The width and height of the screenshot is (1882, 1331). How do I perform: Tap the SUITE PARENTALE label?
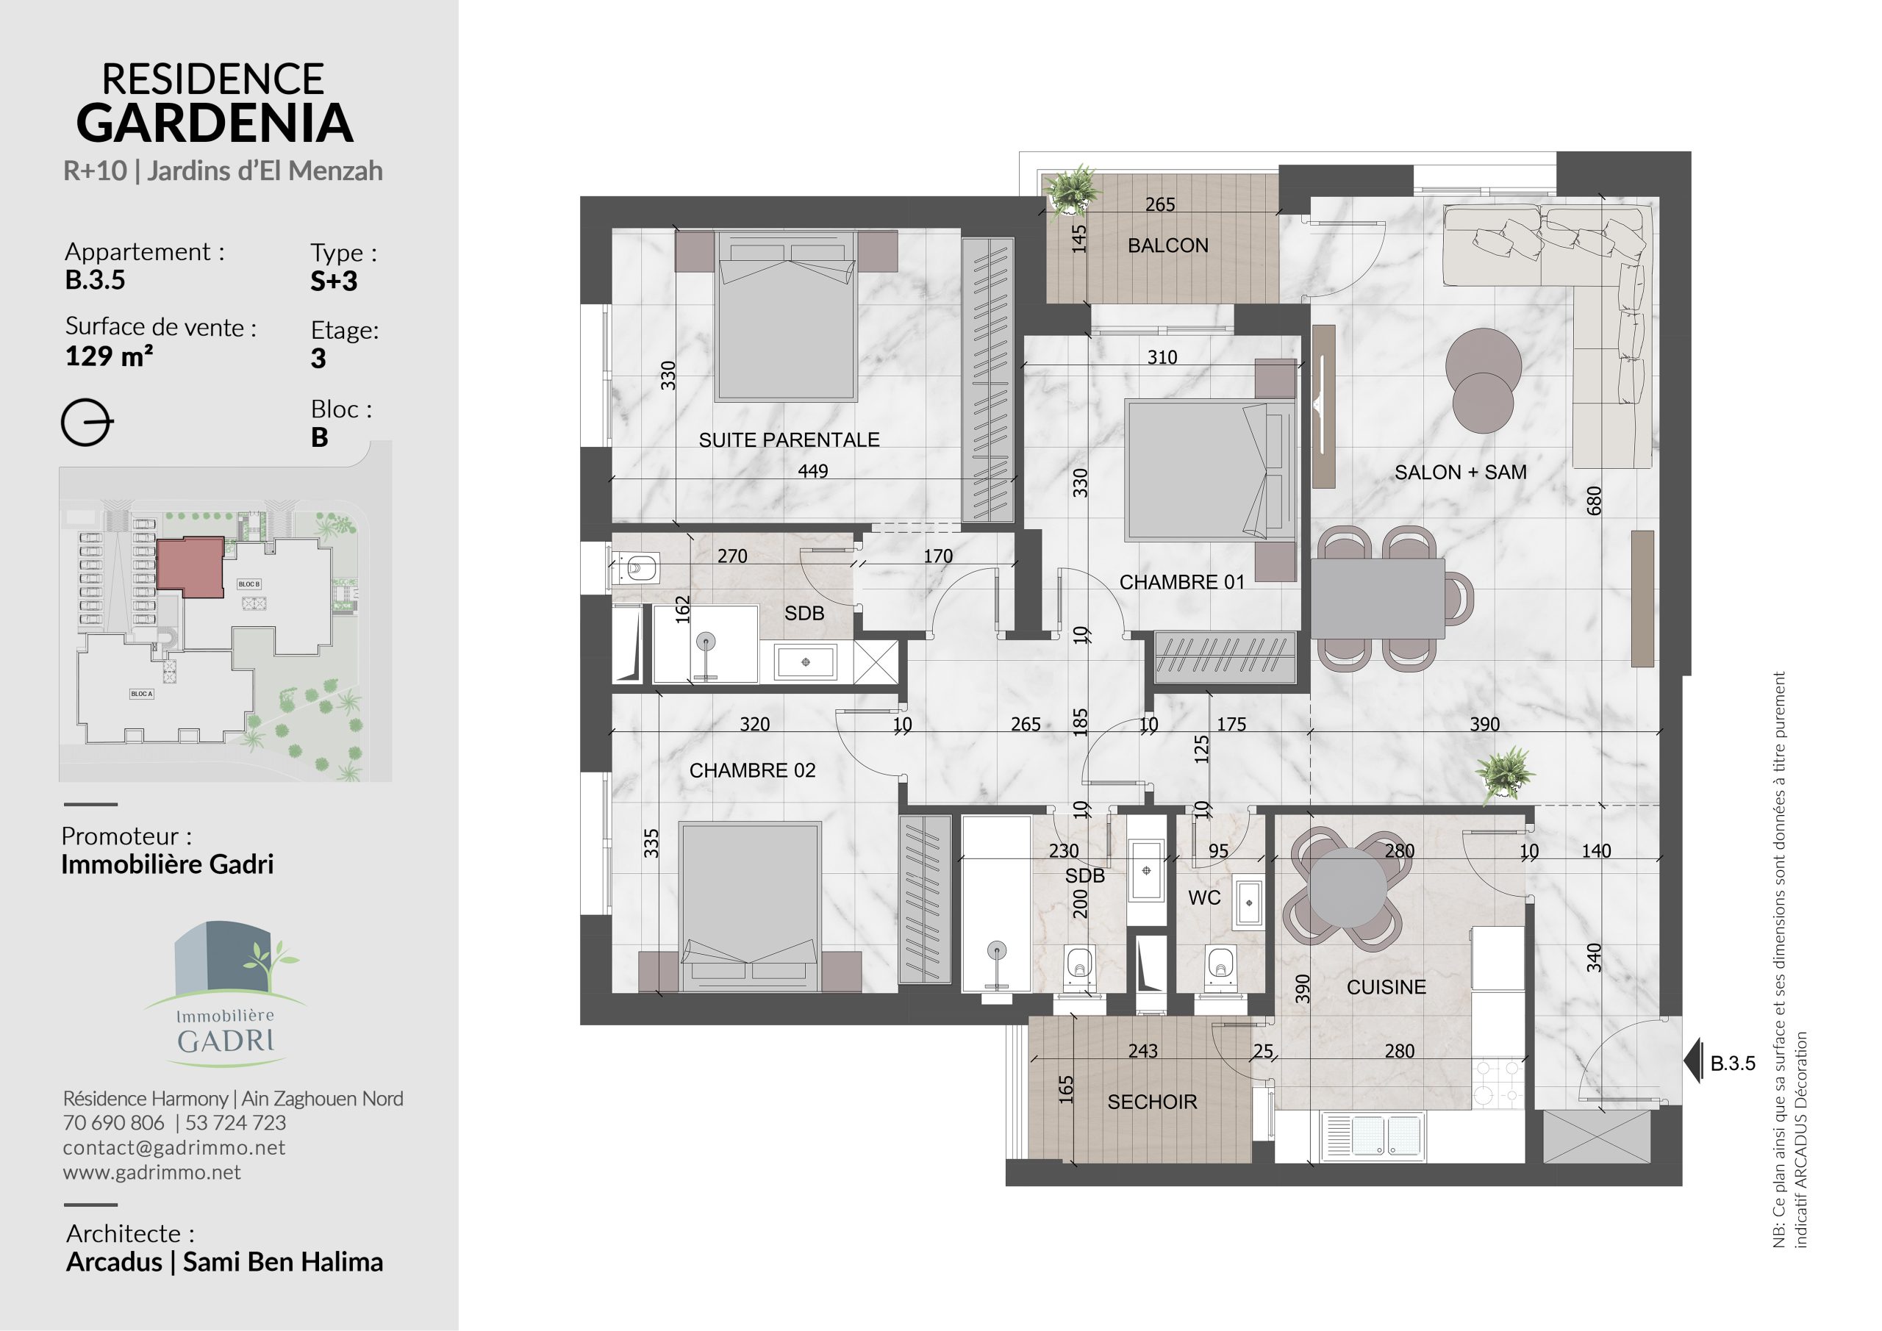789,440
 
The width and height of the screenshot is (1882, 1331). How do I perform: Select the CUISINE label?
1386,987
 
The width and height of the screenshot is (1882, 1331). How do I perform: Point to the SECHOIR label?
1152,1102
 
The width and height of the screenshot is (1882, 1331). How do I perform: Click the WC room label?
1204,897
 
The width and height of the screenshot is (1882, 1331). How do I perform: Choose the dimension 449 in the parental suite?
812,471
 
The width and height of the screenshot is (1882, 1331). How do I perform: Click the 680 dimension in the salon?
1594,501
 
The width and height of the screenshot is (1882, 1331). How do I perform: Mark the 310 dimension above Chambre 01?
1162,357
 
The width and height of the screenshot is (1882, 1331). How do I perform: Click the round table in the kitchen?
1347,888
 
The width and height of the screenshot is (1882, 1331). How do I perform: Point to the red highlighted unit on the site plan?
191,567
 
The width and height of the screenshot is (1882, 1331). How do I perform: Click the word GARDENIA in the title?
215,123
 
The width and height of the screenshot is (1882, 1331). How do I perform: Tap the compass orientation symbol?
86,423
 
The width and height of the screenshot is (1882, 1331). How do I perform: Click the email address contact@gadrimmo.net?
173,1147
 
